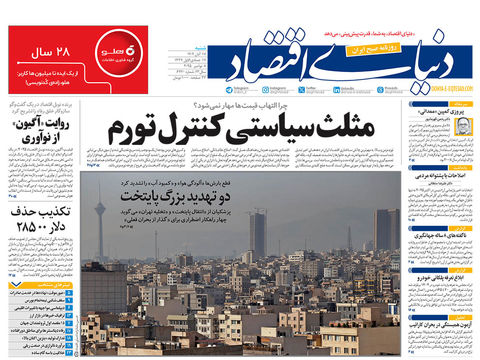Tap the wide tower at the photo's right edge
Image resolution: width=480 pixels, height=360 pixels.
click(x=386, y=230)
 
